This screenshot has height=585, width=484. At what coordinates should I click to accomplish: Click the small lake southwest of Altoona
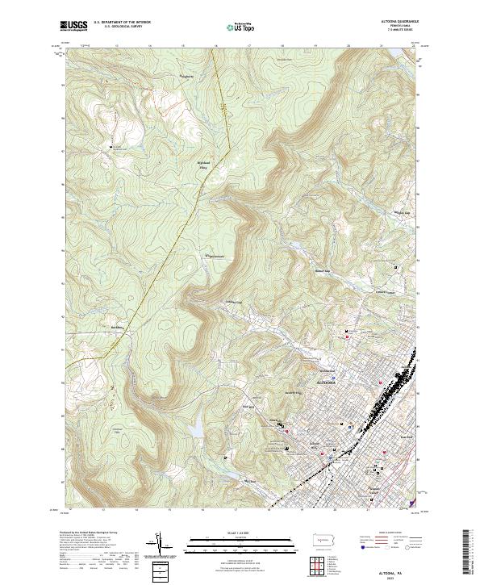click(196, 425)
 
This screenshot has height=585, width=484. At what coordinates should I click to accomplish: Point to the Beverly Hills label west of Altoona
click(292, 393)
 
